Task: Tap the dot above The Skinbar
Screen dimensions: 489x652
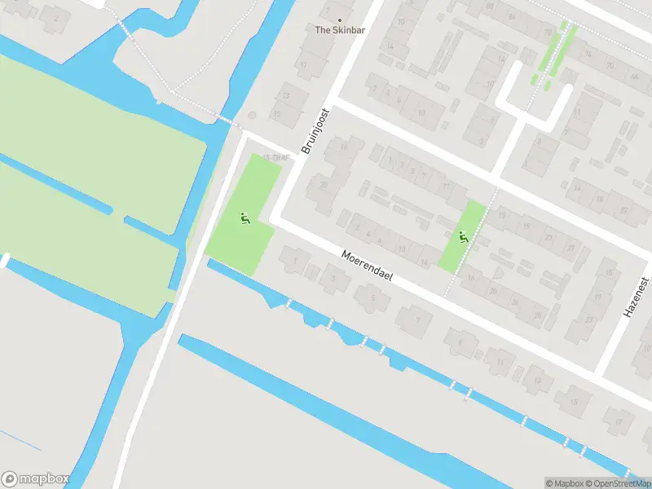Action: coord(340,20)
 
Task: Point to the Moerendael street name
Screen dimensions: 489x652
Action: coord(367,266)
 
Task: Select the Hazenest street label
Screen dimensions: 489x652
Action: coord(636,297)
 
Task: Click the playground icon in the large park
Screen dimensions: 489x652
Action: coord(243,218)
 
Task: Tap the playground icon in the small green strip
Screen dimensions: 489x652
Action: coord(464,237)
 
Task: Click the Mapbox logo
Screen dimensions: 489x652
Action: coord(35,479)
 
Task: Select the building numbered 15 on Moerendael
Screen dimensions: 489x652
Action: coord(574,401)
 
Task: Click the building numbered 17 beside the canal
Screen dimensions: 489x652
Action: coord(619,421)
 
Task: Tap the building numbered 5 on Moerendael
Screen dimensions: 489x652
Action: coord(373,299)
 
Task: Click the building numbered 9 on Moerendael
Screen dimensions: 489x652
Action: coord(459,341)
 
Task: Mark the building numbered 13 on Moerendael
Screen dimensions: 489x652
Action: coord(536,379)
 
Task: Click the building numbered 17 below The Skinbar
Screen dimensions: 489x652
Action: coord(303,64)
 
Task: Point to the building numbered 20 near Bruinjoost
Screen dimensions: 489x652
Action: coord(324,186)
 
